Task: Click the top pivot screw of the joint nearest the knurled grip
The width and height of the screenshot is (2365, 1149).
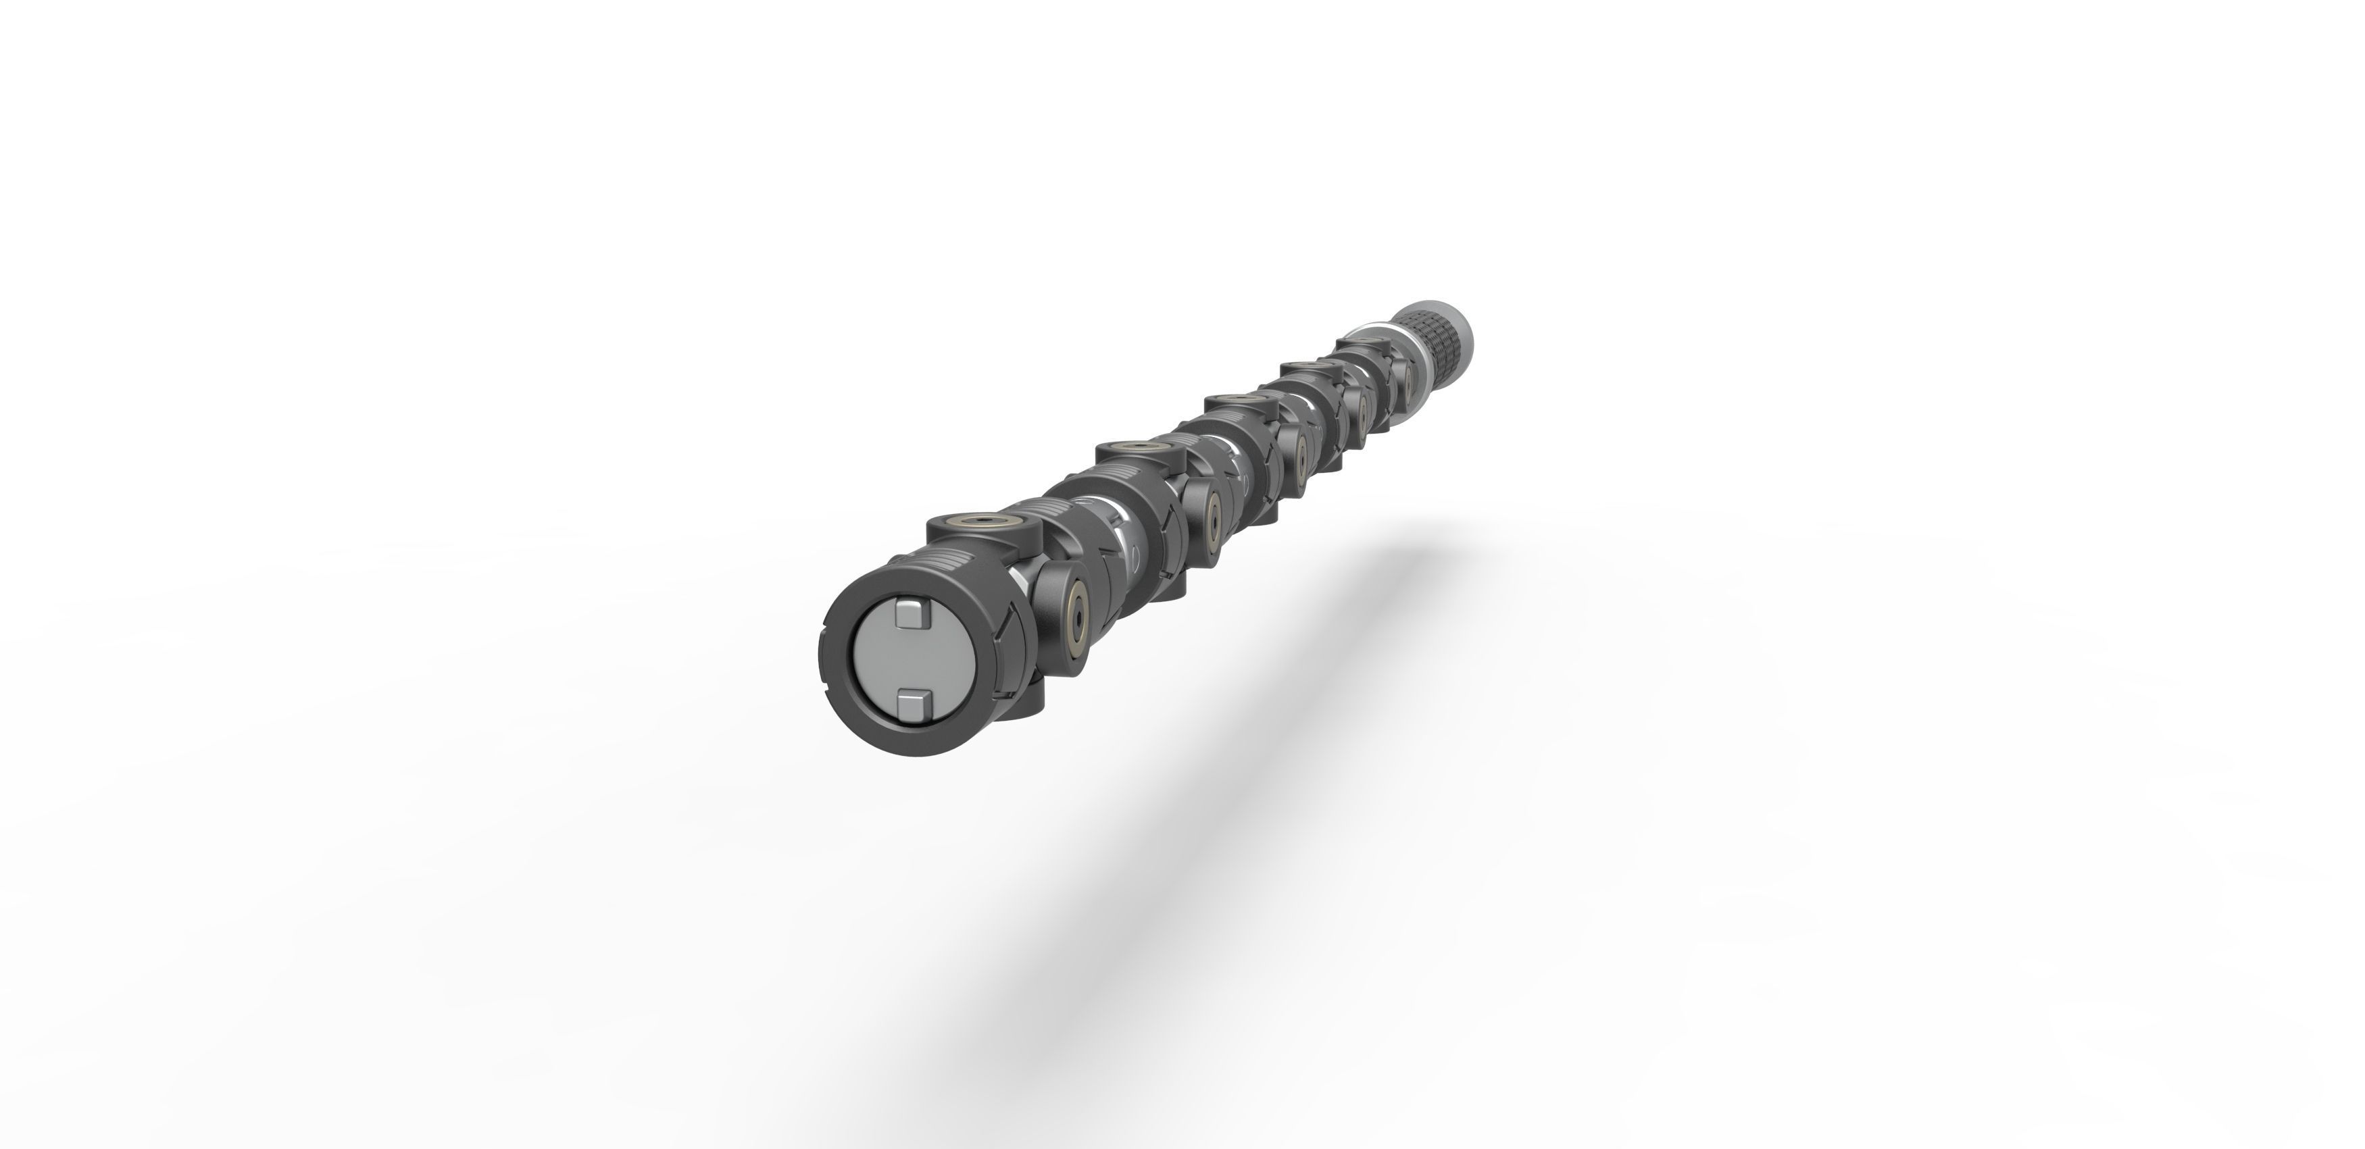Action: coord(1362,342)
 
